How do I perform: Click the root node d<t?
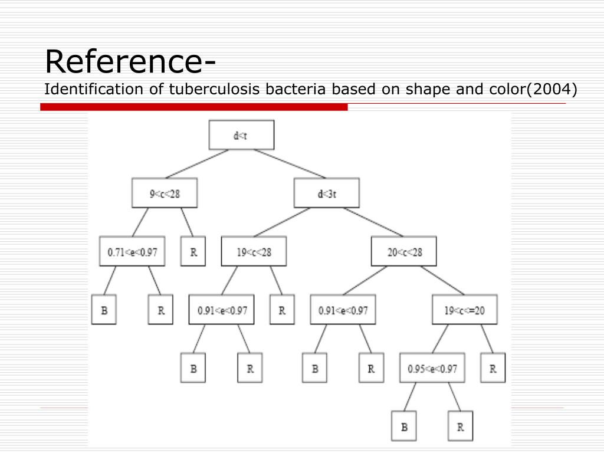(241, 135)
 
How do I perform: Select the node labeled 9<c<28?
(164, 193)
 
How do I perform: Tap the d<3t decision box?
(326, 193)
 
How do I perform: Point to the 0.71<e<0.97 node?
(132, 251)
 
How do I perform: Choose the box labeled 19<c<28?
(254, 251)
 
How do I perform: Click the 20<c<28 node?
(405, 251)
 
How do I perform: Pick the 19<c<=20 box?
(464, 310)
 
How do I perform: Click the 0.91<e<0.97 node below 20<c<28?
(343, 310)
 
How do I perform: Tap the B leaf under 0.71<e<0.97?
(104, 310)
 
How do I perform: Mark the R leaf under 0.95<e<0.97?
(460, 426)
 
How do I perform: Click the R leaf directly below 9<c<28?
(193, 251)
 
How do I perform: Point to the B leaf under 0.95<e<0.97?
(404, 426)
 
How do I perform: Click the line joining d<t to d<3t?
(289, 163)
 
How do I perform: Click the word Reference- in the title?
(130, 61)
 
